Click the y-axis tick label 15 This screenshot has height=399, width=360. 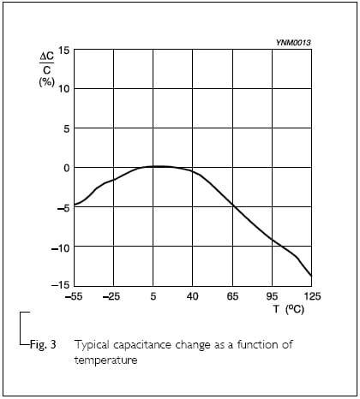[x=64, y=51]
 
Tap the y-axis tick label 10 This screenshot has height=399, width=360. [x=64, y=89]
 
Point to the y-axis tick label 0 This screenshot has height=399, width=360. [x=67, y=168]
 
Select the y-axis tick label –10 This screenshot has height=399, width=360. [x=61, y=248]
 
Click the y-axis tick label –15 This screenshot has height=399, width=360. [x=61, y=285]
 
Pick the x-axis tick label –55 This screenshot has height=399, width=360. [x=74, y=296]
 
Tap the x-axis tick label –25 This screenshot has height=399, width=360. [x=111, y=296]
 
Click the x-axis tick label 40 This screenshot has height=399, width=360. [x=193, y=296]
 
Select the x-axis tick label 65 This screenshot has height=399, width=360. [x=232, y=296]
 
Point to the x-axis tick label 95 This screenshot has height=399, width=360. [x=272, y=296]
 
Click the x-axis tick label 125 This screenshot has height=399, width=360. [x=312, y=296]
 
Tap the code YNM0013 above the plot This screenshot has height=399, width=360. [x=293, y=43]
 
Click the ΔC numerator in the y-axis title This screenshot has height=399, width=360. [x=46, y=57]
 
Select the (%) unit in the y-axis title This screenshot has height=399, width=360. [x=46, y=82]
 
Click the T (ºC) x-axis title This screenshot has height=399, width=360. [x=289, y=309]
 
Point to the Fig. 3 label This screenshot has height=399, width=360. [x=43, y=344]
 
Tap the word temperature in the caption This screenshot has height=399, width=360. [x=105, y=360]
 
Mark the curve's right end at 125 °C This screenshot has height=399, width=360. [x=311, y=276]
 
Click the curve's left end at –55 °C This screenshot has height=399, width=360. [x=75, y=205]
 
